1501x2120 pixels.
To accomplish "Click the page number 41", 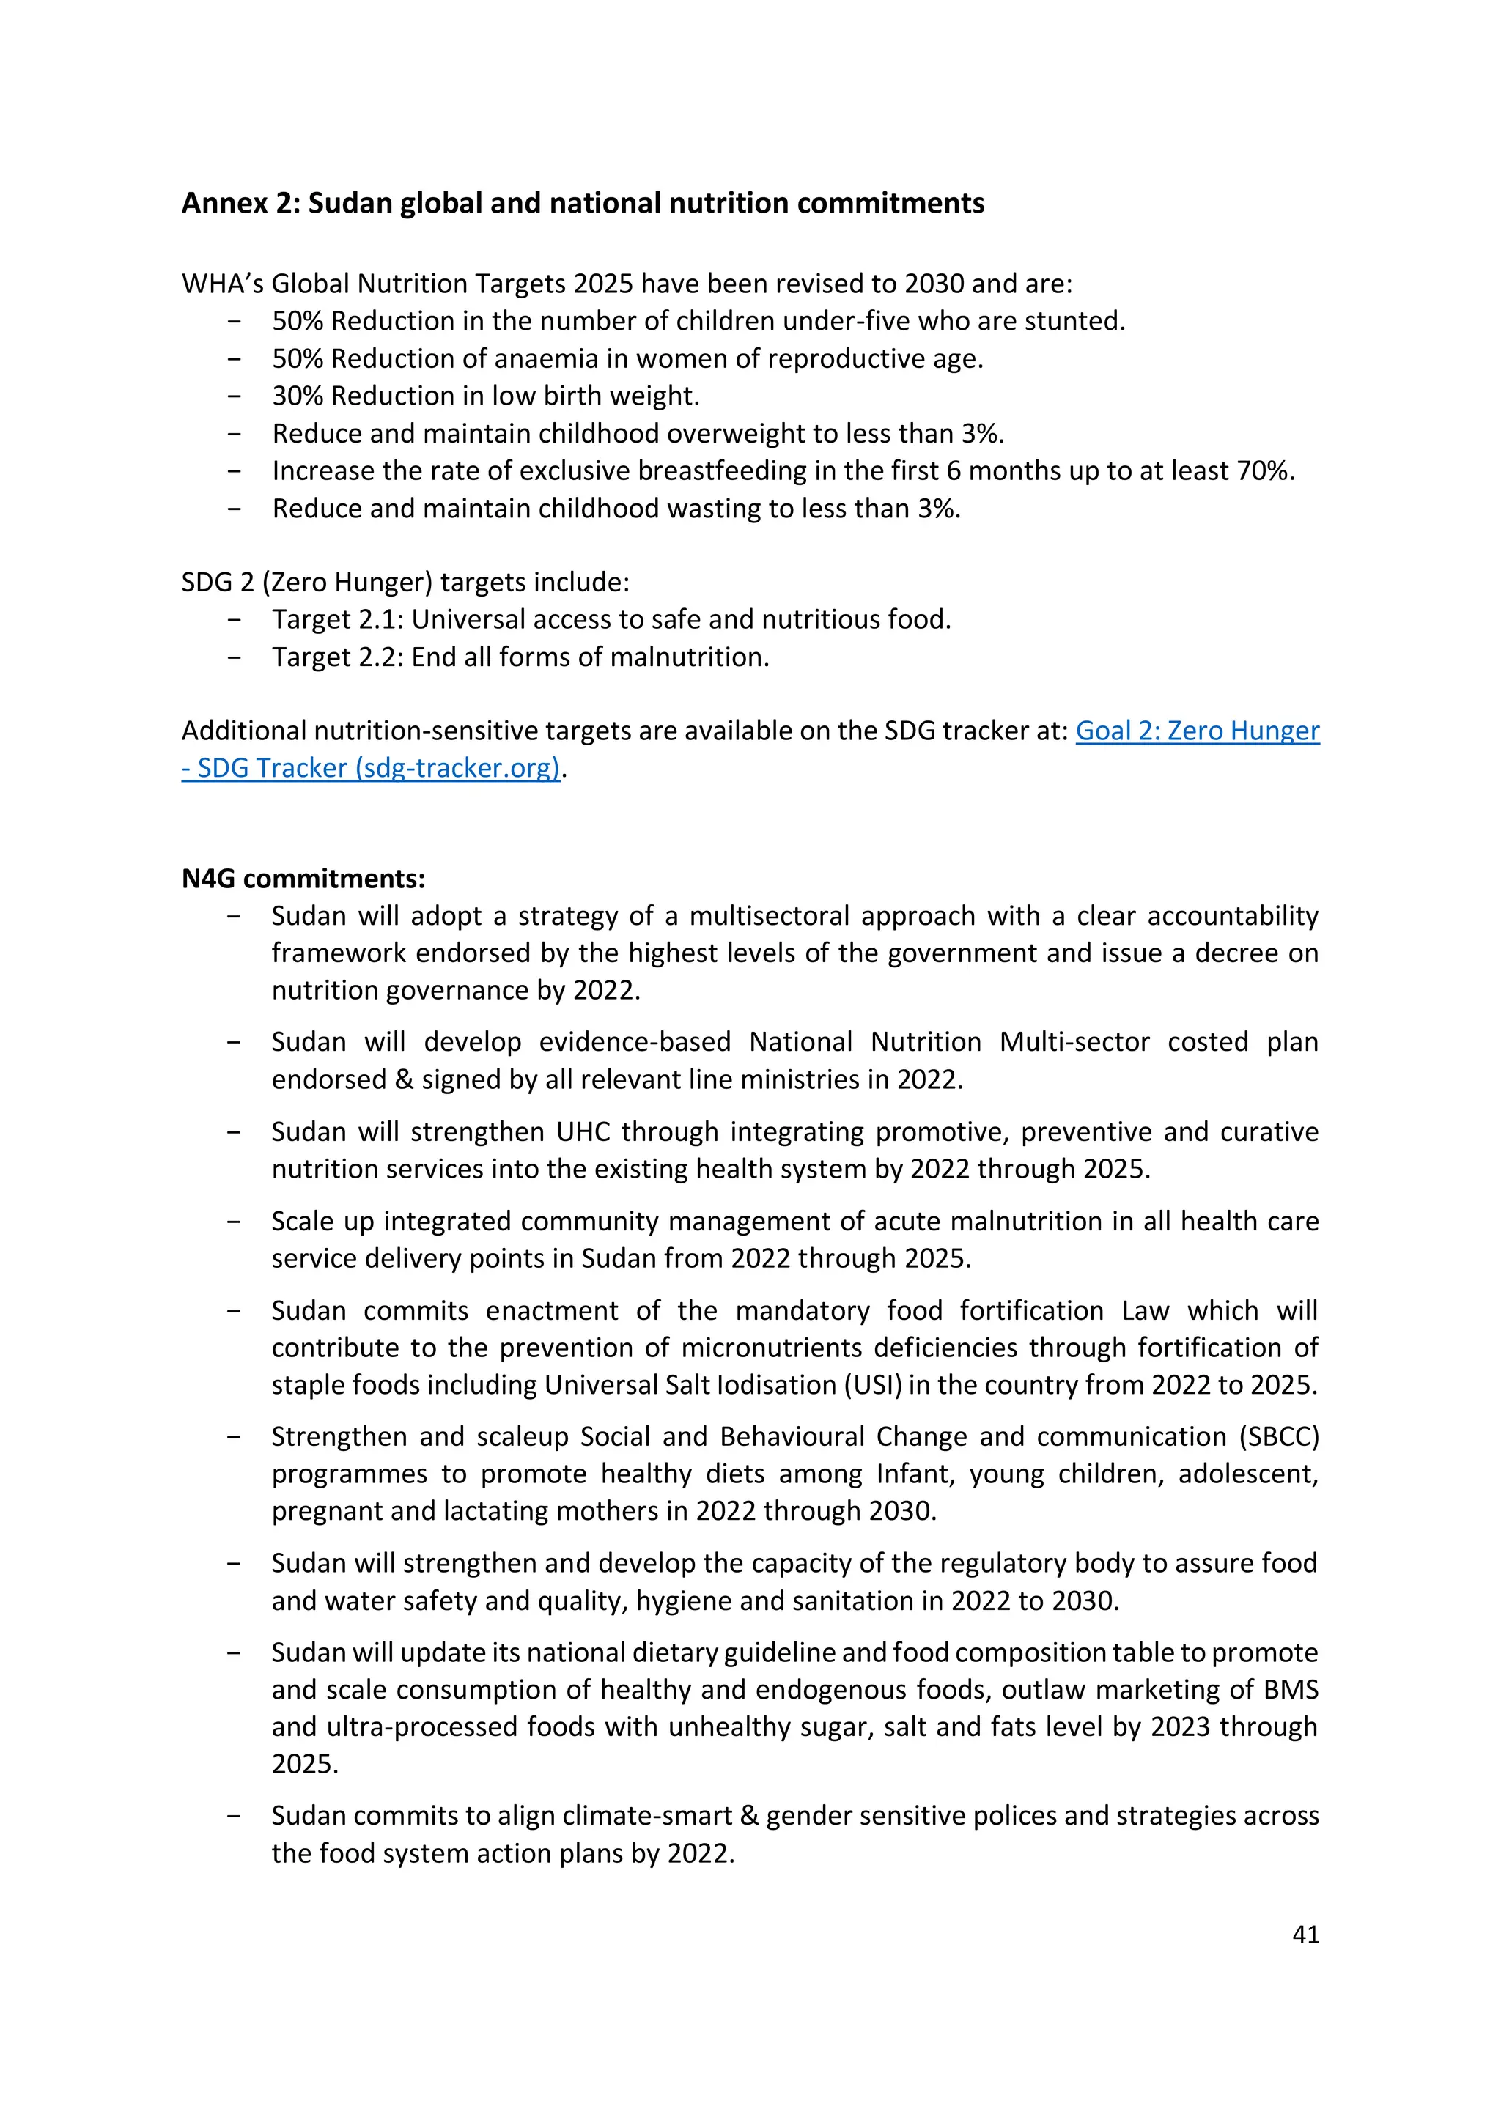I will point(1305,1935).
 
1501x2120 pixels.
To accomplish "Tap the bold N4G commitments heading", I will point(303,878).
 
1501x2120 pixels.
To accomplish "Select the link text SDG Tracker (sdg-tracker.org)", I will point(379,768).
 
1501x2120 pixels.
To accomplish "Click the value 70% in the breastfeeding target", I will point(1264,470).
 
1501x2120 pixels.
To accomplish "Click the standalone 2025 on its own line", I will point(304,1763).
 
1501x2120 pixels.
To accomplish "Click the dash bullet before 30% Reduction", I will point(235,396).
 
